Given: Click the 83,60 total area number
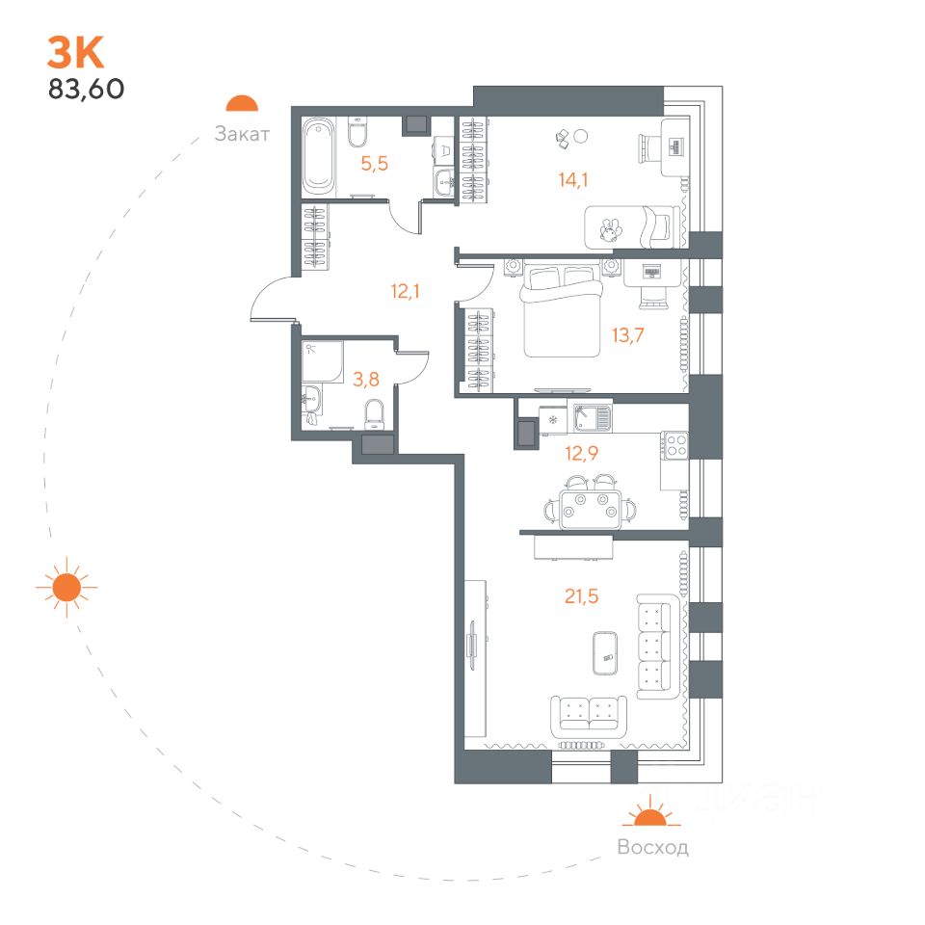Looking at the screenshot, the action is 86,89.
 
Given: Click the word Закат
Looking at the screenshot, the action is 242,134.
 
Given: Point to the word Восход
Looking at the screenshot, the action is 652,848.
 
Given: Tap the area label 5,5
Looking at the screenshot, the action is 375,164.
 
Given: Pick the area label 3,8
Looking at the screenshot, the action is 365,379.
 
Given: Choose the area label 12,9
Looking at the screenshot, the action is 581,454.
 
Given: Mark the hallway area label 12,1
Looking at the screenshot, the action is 405,290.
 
